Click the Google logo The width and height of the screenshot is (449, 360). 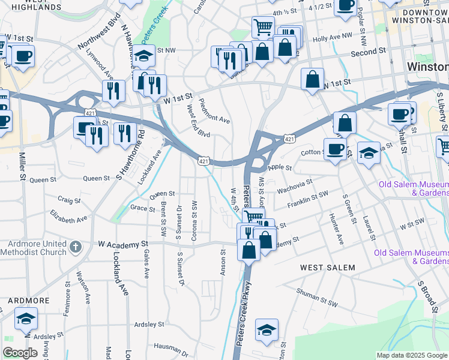point(20,353)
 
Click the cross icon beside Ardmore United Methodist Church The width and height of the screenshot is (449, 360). point(75,247)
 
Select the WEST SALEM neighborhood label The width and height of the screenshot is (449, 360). point(328,267)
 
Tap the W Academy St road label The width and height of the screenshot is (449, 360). point(123,244)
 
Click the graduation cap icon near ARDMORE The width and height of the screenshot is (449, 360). point(26,318)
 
